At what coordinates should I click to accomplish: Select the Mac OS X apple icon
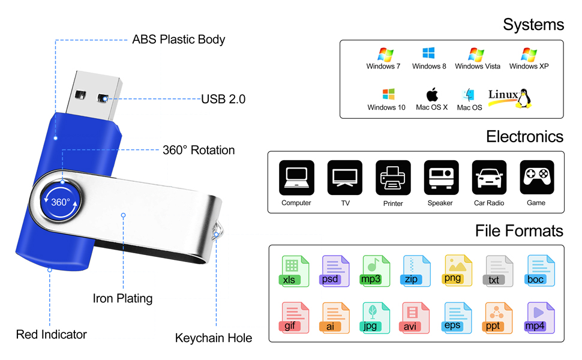click(432, 94)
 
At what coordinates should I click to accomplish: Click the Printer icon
click(393, 178)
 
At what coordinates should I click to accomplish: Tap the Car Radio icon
click(489, 178)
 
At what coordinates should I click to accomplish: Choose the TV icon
click(345, 178)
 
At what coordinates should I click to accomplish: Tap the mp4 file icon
click(539, 317)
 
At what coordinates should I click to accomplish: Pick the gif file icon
click(295, 317)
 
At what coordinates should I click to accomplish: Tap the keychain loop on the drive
click(219, 227)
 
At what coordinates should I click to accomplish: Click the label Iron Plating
click(122, 298)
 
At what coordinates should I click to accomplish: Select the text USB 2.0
click(223, 100)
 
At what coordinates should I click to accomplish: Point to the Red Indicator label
click(52, 335)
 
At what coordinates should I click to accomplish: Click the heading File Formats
click(519, 231)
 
